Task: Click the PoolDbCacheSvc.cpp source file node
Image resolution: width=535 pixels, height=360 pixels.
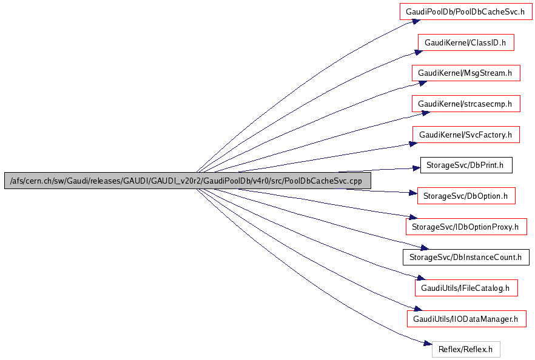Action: tap(187, 181)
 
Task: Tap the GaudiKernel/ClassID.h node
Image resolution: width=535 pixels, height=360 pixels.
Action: tap(466, 42)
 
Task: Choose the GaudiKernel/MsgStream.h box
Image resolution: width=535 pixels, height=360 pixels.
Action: tap(466, 73)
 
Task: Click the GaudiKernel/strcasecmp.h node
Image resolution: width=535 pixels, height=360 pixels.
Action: tap(466, 104)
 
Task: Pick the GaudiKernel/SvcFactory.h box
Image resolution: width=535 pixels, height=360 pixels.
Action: tap(466, 135)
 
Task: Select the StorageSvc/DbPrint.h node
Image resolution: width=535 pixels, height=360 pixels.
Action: tap(466, 165)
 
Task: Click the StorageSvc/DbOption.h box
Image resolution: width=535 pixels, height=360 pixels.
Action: tap(466, 196)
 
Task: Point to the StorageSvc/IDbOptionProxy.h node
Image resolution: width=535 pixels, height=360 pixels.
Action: tap(466, 227)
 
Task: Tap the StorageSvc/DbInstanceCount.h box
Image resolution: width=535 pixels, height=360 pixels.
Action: tap(466, 257)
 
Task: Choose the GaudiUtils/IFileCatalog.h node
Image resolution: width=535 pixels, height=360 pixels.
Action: tap(466, 288)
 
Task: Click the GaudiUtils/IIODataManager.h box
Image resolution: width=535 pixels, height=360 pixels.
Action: tap(466, 318)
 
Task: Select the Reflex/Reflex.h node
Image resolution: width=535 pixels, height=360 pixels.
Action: tap(466, 349)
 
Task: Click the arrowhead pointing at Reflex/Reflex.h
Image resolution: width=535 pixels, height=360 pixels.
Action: tap(427, 344)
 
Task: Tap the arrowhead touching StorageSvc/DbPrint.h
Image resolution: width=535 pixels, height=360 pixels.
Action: tap(416, 169)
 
